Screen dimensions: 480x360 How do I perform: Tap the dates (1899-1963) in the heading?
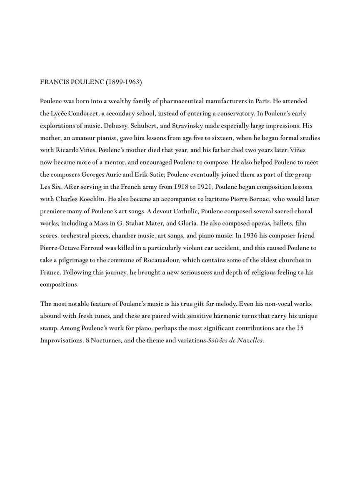(x=124, y=82)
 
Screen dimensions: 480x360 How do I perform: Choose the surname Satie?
(x=155, y=175)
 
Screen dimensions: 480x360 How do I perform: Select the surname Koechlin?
(x=90, y=199)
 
